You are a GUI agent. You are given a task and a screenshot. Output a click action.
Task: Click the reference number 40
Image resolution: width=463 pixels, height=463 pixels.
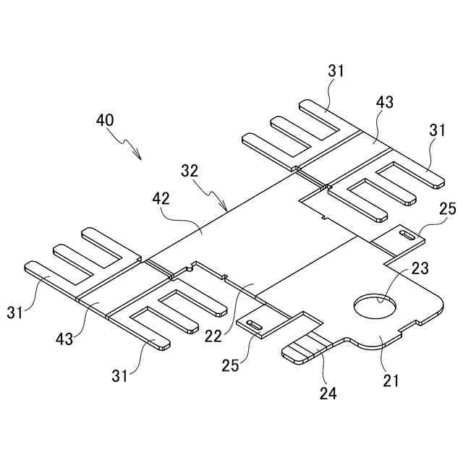pos(104,120)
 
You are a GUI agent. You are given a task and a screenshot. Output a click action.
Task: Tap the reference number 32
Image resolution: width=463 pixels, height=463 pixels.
pos(190,171)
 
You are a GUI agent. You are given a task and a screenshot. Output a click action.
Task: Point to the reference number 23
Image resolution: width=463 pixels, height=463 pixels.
pos(419,268)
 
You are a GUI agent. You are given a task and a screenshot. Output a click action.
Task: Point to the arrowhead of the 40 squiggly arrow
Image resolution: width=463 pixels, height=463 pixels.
pos(140,157)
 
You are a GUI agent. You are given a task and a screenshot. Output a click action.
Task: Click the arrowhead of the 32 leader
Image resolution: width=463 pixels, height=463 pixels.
pos(227,210)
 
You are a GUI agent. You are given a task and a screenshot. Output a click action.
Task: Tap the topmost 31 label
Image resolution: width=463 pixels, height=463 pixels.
pos(336,71)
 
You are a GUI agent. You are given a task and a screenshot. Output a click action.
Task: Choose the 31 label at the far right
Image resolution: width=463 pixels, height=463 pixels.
pos(437,131)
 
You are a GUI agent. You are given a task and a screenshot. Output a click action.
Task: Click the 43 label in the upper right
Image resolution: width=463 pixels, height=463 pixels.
pos(384,102)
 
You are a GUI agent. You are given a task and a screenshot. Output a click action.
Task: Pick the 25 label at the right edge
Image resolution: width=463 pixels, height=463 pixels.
pos(448,209)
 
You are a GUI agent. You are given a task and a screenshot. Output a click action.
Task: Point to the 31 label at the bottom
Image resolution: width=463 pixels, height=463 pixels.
pos(119,375)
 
